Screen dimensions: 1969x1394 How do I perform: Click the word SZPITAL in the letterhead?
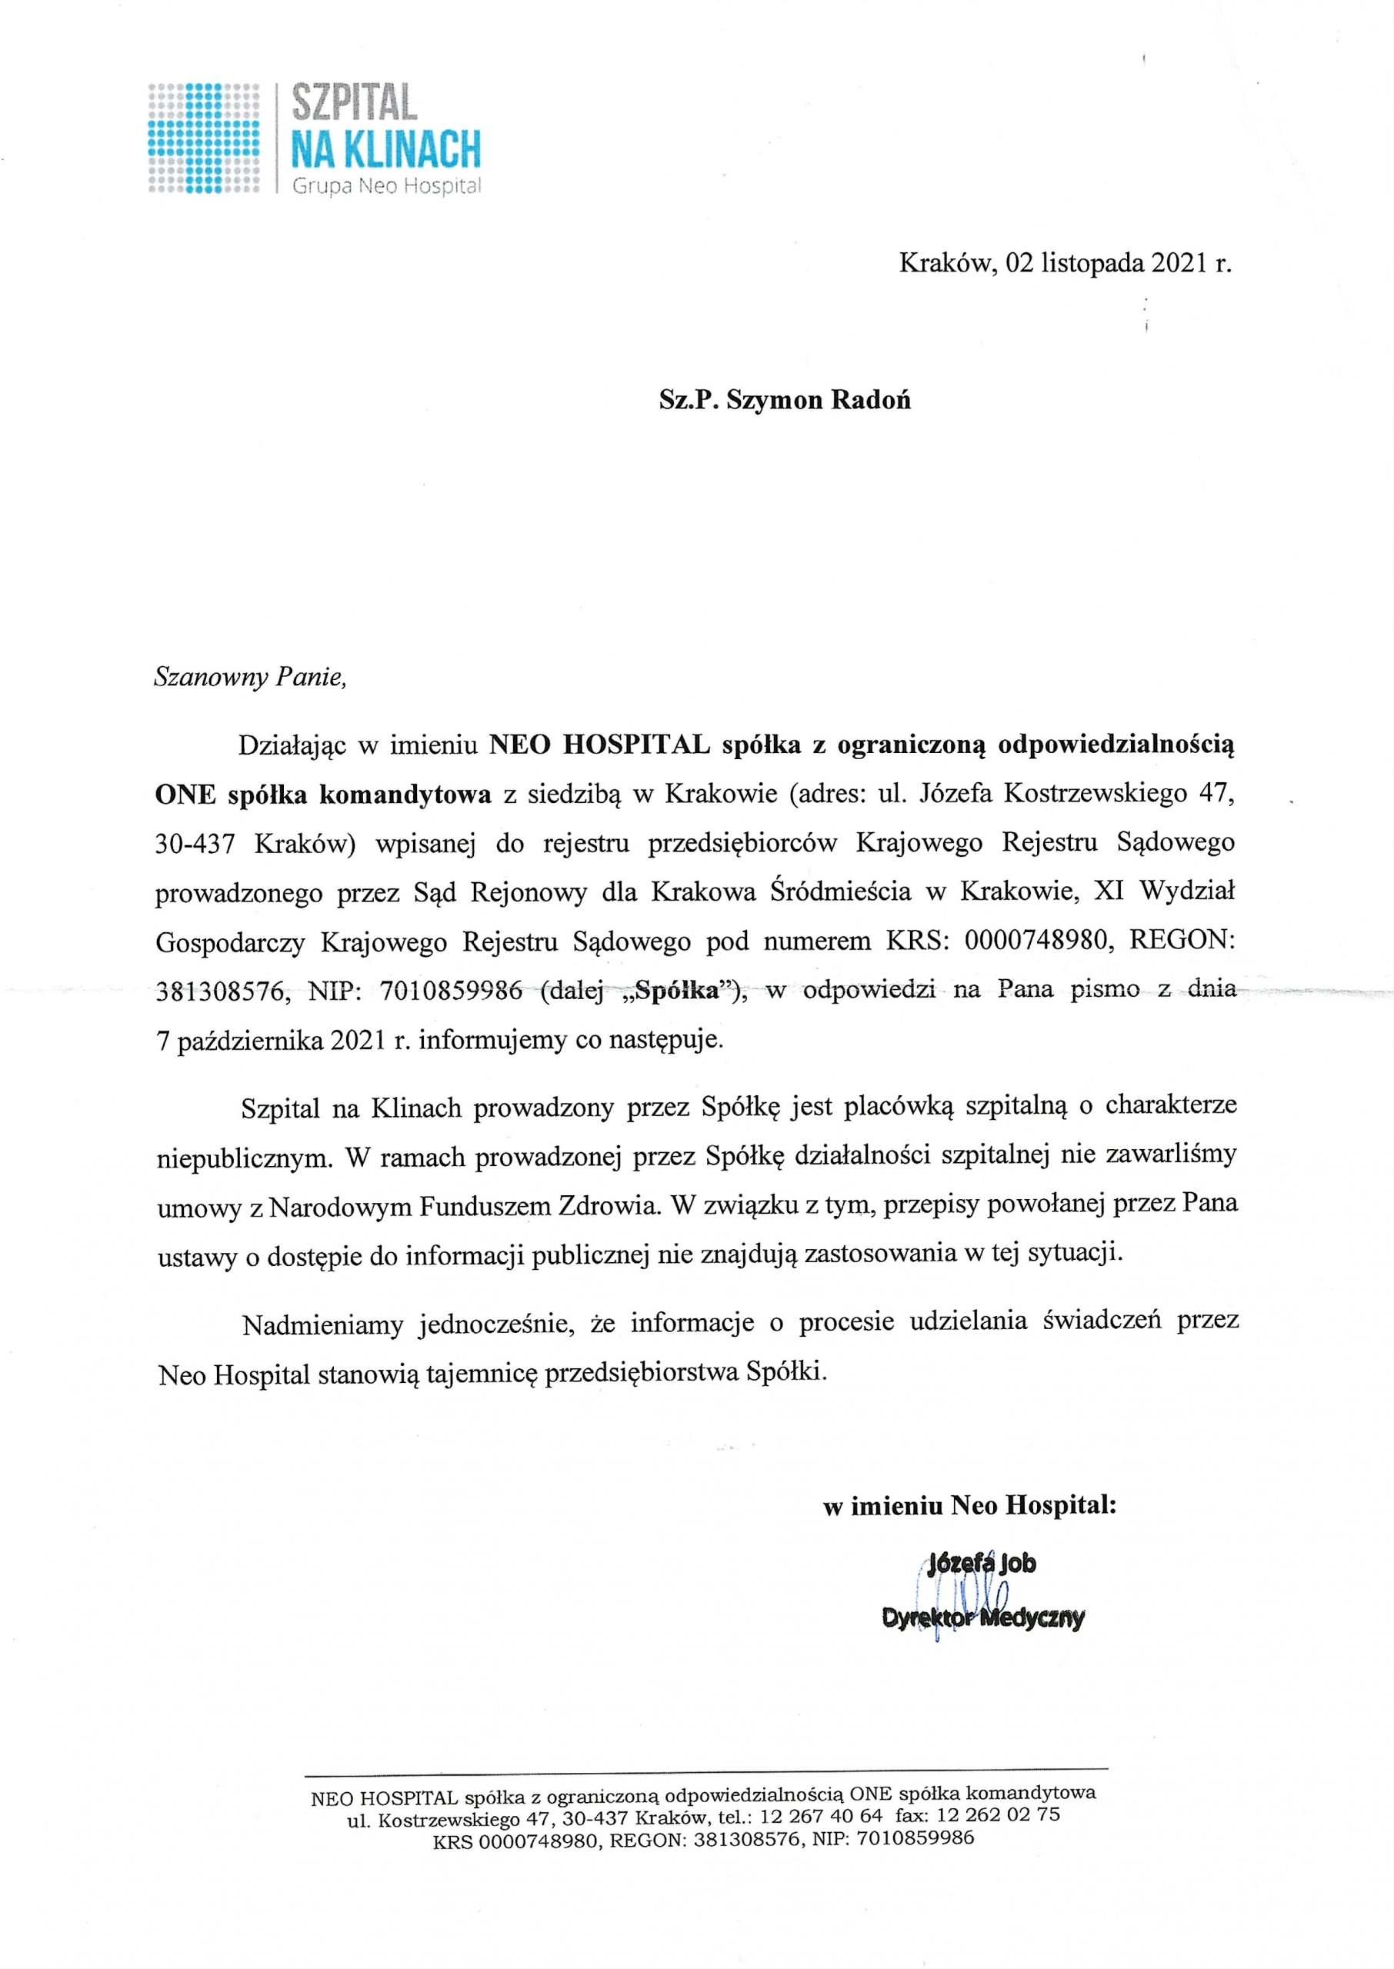point(355,103)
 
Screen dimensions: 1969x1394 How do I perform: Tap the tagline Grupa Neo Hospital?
point(385,185)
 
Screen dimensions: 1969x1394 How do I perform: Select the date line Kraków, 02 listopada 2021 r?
point(1065,263)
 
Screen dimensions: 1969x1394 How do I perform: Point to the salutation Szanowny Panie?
point(250,678)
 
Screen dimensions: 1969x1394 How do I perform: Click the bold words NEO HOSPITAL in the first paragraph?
point(599,745)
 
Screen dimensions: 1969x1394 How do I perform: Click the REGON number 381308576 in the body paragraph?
point(221,991)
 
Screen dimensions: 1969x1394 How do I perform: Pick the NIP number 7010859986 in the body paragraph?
point(452,991)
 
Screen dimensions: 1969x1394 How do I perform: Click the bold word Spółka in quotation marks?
point(678,991)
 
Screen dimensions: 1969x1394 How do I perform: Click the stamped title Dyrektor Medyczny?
point(983,1618)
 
